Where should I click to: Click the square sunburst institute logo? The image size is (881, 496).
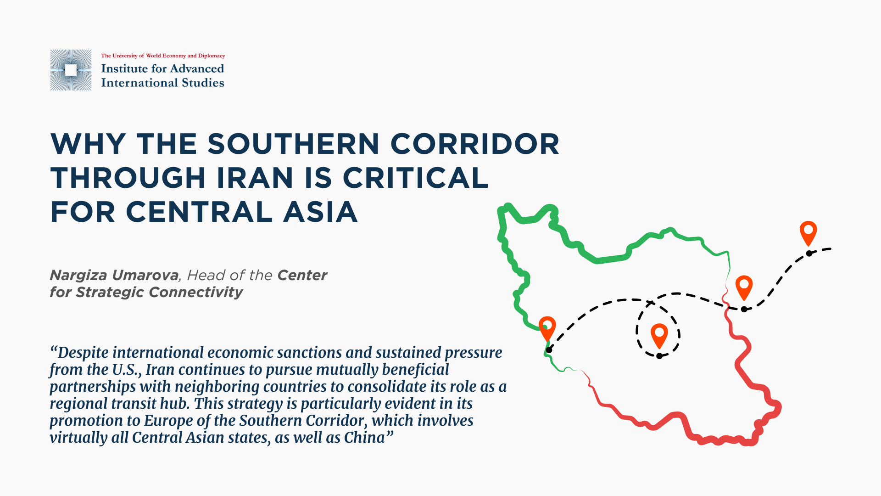click(x=71, y=70)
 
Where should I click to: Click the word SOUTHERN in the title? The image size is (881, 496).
click(x=294, y=144)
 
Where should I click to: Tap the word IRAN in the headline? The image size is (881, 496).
click(x=255, y=178)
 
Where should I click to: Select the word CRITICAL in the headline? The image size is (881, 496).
click(x=415, y=178)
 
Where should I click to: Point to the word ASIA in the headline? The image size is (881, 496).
click(x=320, y=212)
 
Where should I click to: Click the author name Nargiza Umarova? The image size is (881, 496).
click(x=114, y=275)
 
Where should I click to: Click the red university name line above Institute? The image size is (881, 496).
click(x=163, y=56)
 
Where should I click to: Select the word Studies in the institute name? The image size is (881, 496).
click(x=203, y=83)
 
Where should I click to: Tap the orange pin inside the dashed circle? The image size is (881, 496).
click(x=659, y=336)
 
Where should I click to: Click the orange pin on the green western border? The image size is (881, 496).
click(x=547, y=328)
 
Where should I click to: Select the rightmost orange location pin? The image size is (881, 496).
click(x=809, y=233)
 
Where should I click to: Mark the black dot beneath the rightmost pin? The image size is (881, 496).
click(x=809, y=254)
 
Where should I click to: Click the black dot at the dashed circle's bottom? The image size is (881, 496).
click(x=659, y=356)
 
